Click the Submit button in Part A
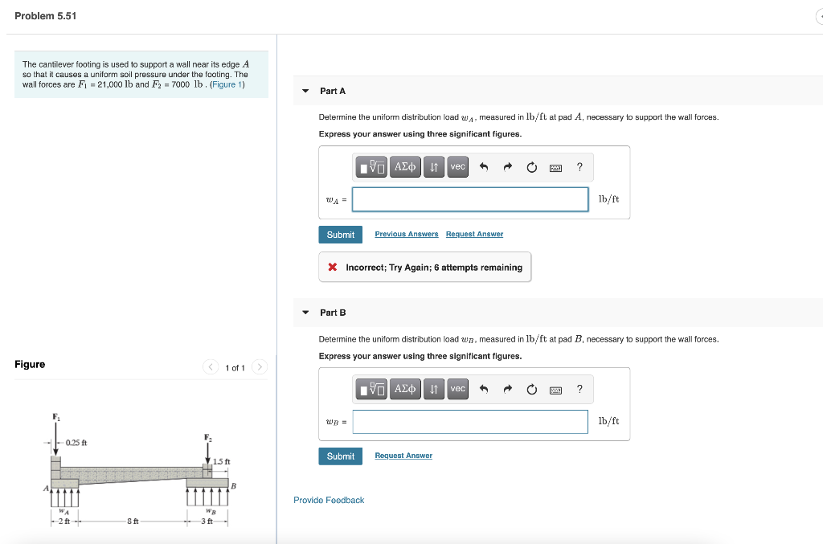tap(340, 235)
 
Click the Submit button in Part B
tap(340, 456)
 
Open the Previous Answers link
tap(406, 234)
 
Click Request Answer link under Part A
tap(474, 234)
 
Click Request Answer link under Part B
tap(403, 456)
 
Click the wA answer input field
tap(470, 199)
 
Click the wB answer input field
tap(470, 421)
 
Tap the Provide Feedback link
tap(329, 500)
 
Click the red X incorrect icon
tap(332, 268)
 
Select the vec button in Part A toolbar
tap(457, 167)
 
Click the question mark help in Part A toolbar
tap(579, 167)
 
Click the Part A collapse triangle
tap(305, 91)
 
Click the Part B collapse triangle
tap(305, 312)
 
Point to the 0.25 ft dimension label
tap(77, 443)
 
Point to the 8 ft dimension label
tap(134, 522)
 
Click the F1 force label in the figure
tap(56, 416)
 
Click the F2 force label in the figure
tap(207, 437)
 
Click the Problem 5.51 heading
tap(46, 16)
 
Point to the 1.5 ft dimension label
tap(222, 461)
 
